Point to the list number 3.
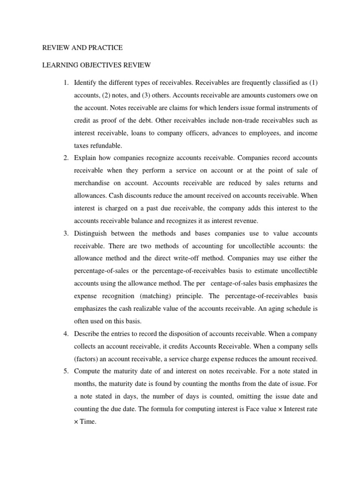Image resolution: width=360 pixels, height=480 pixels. click(x=65, y=233)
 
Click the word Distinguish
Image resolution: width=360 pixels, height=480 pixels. click(x=92, y=233)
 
